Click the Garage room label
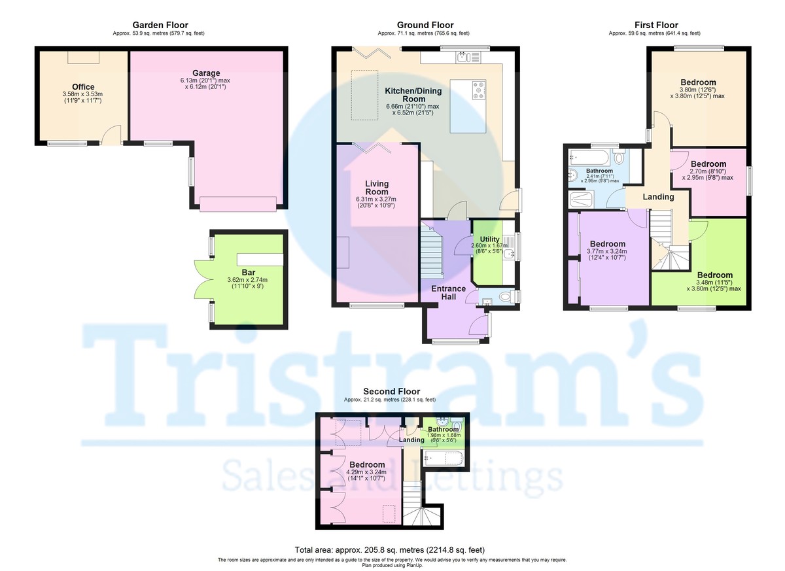tap(206, 73)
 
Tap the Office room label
tap(83, 87)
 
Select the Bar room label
tap(248, 272)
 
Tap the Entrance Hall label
tap(448, 293)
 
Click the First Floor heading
tap(656, 26)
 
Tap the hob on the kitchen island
tap(476, 90)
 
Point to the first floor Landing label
tap(658, 197)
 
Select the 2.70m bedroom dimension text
tap(708, 173)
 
